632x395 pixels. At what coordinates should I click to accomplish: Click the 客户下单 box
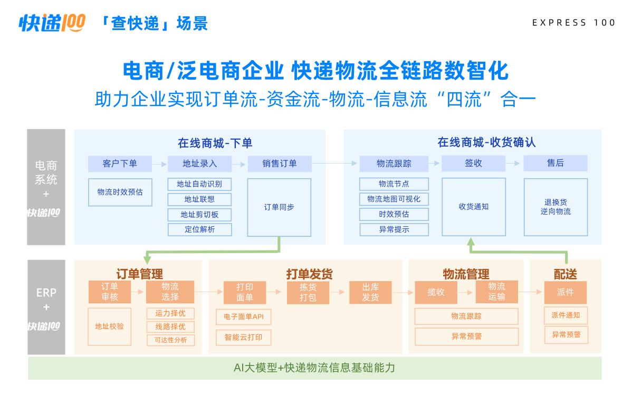click(x=120, y=163)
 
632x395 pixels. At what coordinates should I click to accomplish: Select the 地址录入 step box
click(x=199, y=163)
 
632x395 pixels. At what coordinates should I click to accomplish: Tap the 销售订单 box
click(x=280, y=163)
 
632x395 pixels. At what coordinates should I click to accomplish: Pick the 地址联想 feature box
click(x=199, y=199)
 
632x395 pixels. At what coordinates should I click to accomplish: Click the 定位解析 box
click(x=199, y=229)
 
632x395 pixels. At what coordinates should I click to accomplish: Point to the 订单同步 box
click(x=279, y=207)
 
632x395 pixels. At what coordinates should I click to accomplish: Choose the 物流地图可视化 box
click(x=394, y=199)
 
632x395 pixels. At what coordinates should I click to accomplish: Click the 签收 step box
click(x=473, y=163)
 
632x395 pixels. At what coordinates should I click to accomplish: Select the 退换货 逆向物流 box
click(x=556, y=207)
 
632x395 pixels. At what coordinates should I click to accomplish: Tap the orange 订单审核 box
click(x=110, y=292)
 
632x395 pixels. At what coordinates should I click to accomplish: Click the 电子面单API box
click(x=244, y=317)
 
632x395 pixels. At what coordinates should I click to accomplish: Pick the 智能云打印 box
click(x=244, y=338)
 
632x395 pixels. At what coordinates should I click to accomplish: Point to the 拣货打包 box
click(x=308, y=292)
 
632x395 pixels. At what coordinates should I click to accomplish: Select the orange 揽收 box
click(x=436, y=292)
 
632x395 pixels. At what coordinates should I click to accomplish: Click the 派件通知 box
click(x=566, y=315)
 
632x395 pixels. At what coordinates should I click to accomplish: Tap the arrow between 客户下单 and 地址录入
click(x=160, y=164)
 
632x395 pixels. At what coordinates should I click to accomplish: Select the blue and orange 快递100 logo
click(x=52, y=23)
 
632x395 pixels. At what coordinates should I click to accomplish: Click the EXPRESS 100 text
click(x=573, y=23)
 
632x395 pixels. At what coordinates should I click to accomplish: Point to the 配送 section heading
click(x=566, y=274)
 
